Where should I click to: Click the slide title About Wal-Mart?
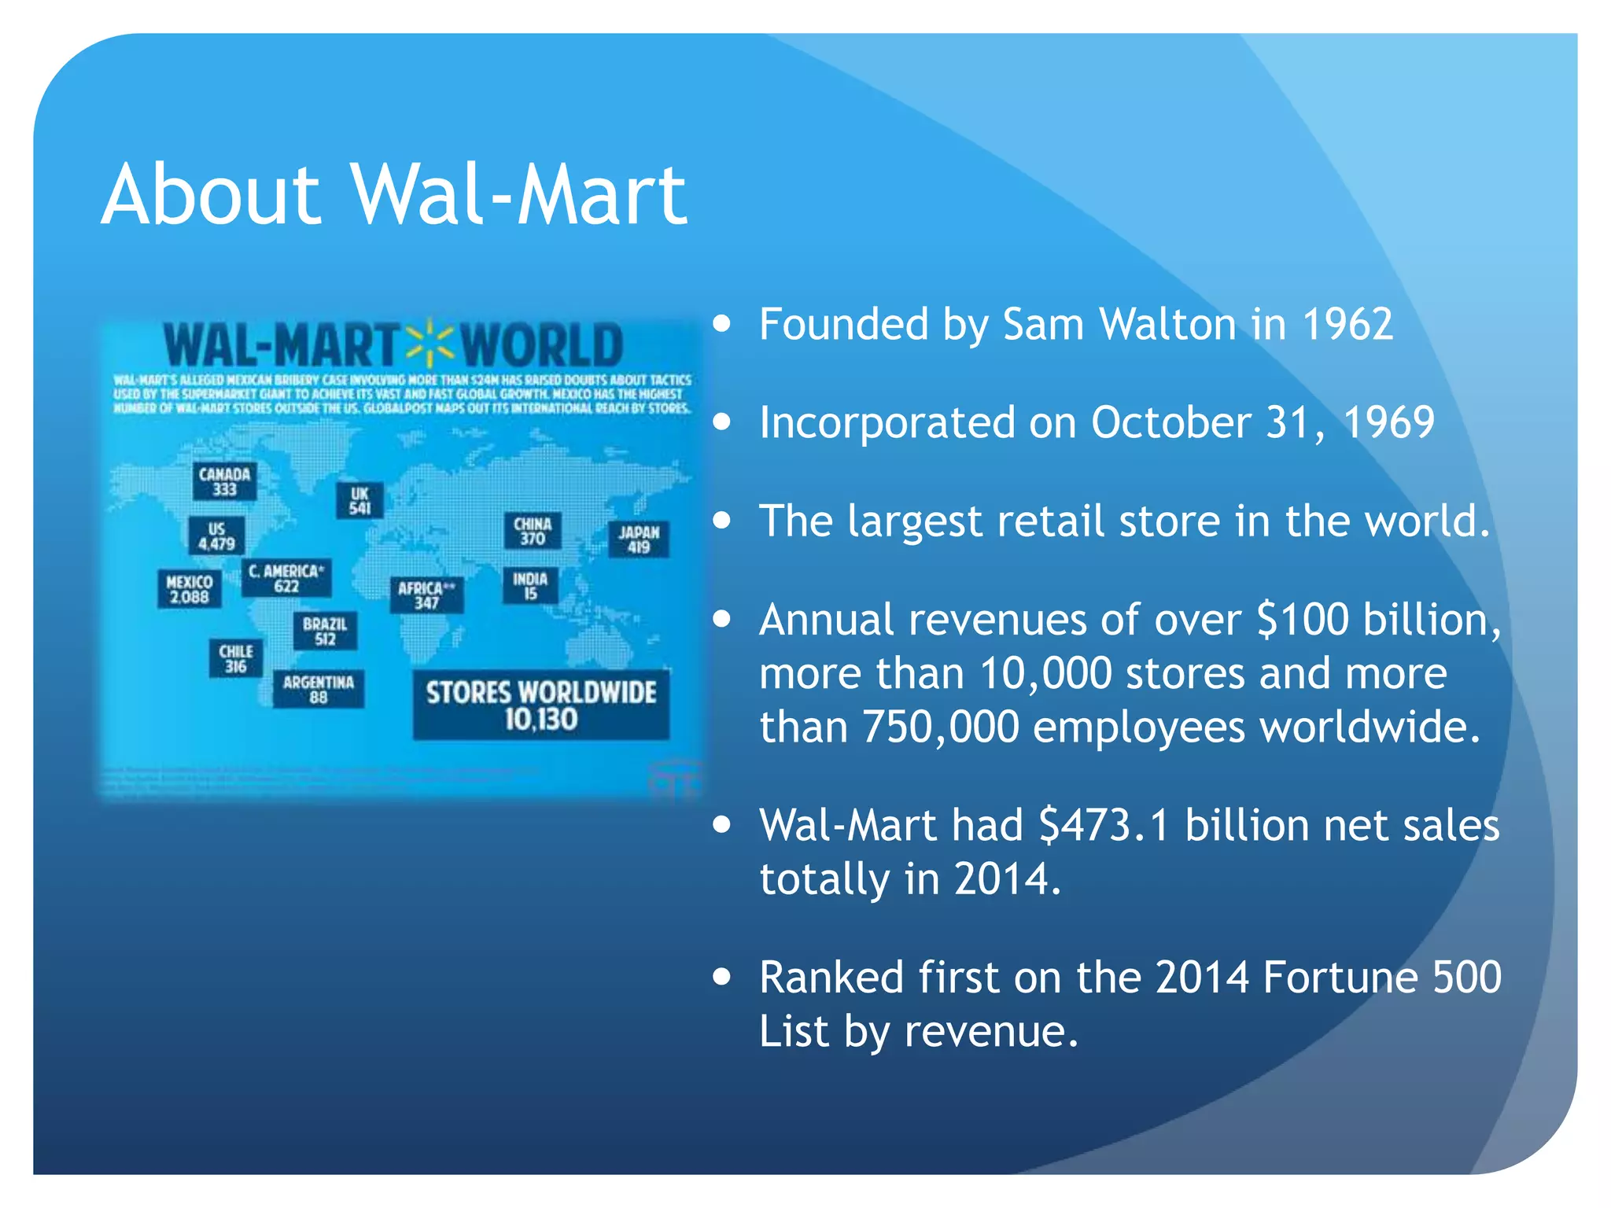394,194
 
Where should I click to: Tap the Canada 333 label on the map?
224,481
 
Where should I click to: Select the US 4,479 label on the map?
216,536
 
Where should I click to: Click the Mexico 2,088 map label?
189,589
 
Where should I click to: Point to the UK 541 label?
359,500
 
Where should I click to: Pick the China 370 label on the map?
533,531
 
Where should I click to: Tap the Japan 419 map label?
639,540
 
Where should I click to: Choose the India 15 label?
530,586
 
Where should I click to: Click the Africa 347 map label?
426,595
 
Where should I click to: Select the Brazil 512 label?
325,631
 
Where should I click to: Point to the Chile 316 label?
236,658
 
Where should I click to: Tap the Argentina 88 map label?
319,689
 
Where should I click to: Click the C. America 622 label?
286,578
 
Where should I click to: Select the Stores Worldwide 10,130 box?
541,705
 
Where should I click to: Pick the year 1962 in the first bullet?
1347,324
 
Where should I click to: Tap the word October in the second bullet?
1171,422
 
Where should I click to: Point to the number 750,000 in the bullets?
941,727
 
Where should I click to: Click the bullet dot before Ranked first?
721,977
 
